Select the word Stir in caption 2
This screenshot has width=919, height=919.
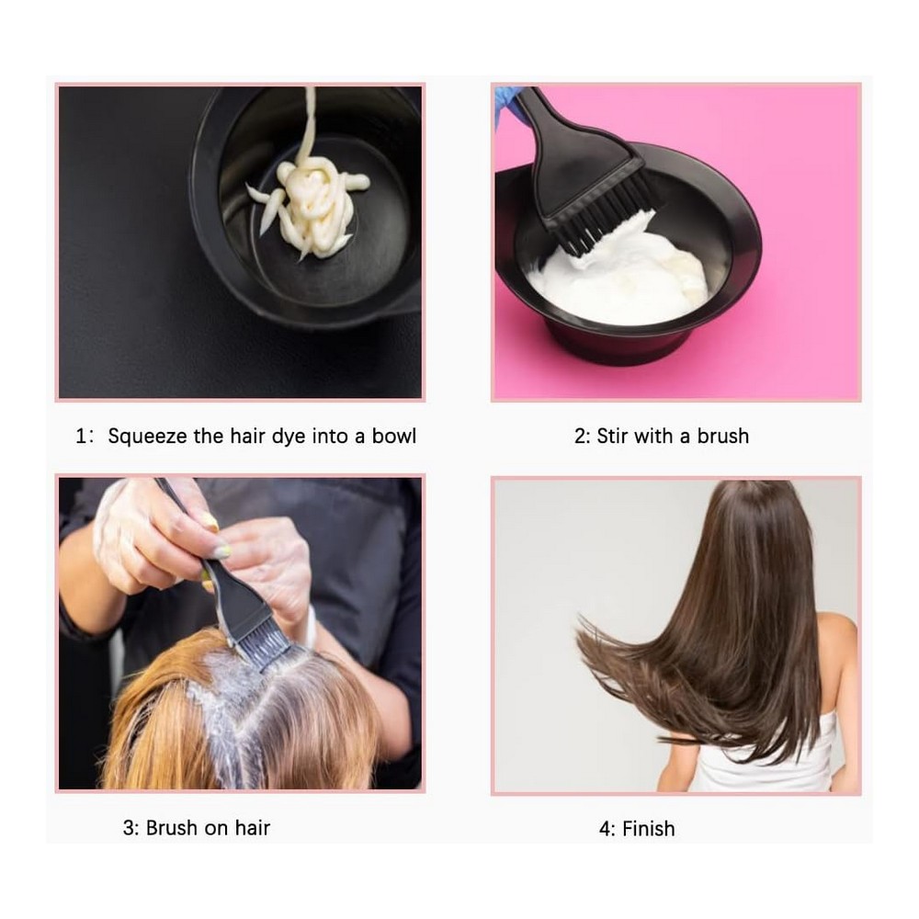[612, 436]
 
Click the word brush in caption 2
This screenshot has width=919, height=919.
[722, 436]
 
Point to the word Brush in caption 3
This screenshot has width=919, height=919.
[173, 828]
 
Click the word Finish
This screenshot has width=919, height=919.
[648, 829]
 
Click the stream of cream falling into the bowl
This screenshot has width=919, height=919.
[308, 123]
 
